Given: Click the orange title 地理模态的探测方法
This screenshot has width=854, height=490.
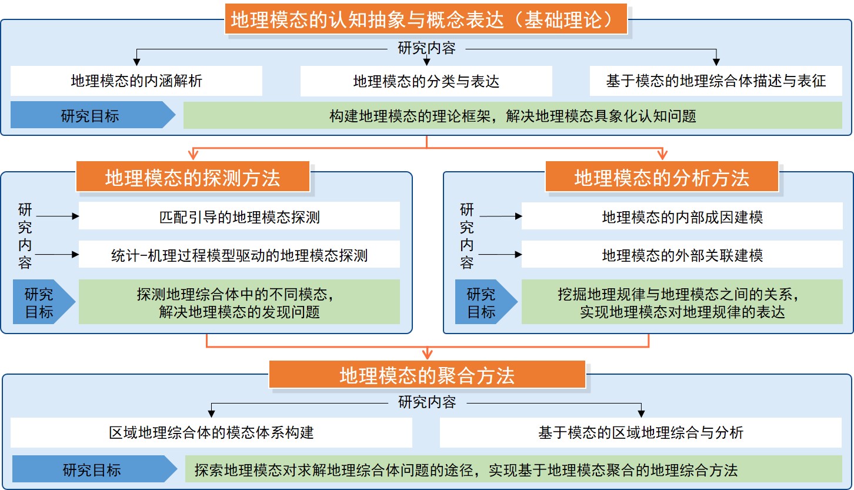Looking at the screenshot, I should point(192,178).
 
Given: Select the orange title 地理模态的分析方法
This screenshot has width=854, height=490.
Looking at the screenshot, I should point(662,178).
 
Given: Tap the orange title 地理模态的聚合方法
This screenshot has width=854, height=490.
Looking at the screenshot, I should point(427,375).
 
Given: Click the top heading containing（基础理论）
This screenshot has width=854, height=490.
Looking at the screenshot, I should point(426,21).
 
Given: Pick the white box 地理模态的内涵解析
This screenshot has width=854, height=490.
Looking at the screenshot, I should point(136,81).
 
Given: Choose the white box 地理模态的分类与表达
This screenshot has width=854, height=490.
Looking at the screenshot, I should point(426,81).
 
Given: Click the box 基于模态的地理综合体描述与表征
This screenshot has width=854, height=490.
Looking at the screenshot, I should point(716,81).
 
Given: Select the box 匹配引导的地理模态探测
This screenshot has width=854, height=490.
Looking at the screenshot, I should point(239,217).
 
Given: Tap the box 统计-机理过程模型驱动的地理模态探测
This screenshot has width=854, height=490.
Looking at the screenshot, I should point(239,255).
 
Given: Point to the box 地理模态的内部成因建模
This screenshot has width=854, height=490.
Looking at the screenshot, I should point(682,217).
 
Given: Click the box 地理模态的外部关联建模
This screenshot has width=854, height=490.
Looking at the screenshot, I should point(682,255).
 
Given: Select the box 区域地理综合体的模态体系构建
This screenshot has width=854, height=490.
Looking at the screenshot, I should point(211,433).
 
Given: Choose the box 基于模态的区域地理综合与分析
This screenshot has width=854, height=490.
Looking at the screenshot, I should point(640,433).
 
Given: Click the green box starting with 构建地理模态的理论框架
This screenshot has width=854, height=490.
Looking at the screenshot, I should point(512,116).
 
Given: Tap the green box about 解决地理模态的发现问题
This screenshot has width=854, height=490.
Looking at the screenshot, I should point(239,302).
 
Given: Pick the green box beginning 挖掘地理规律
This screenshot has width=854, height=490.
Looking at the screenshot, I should point(682,302).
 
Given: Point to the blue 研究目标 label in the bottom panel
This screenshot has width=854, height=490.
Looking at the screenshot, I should point(92,470).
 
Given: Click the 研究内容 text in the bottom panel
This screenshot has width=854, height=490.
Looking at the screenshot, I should point(427,402).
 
